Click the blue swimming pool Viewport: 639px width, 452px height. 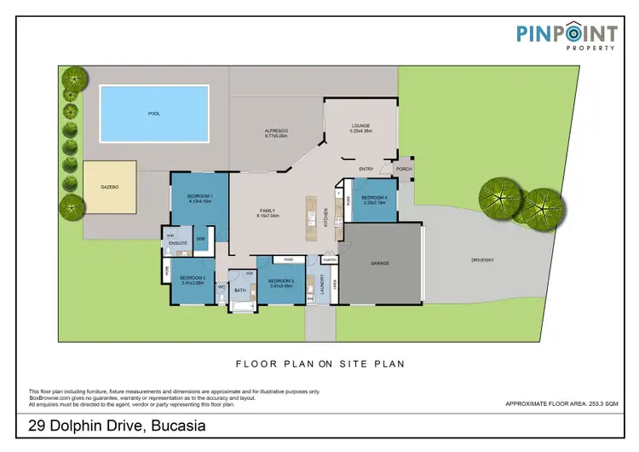[154, 113]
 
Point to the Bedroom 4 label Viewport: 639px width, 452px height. [375, 199]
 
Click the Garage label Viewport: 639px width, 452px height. [379, 263]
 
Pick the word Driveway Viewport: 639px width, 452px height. [483, 259]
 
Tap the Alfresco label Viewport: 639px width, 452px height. [277, 130]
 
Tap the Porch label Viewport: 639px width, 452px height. [403, 169]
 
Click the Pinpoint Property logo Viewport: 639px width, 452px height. [567, 38]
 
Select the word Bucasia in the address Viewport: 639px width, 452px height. [176, 424]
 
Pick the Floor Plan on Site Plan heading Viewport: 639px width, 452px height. [319, 363]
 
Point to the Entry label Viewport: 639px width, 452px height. [367, 169]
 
